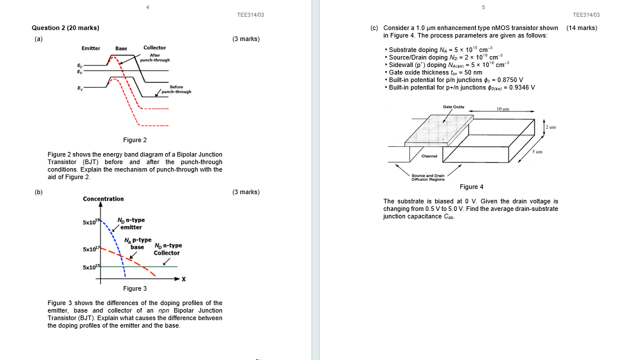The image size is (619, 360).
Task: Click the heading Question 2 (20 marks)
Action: pyautogui.click(x=65, y=28)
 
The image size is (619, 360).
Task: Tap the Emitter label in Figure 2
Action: pyautogui.click(x=91, y=48)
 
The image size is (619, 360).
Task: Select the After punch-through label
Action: pyautogui.click(x=154, y=57)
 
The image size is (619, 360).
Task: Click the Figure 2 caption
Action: pyautogui.click(x=135, y=140)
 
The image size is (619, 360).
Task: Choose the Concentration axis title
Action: pyautogui.click(x=103, y=199)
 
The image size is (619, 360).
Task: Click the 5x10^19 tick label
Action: pyautogui.click(x=91, y=222)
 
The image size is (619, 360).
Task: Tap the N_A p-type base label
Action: pyautogui.click(x=138, y=243)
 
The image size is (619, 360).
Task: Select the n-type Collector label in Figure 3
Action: pyautogui.click(x=166, y=249)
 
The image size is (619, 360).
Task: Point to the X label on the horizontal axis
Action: pyautogui.click(x=183, y=280)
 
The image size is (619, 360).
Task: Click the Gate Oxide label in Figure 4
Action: pyautogui.click(x=453, y=107)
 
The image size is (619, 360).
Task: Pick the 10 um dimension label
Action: pyautogui.click(x=503, y=109)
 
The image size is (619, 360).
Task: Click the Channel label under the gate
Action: pyautogui.click(x=429, y=156)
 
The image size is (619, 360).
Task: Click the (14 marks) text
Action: pyautogui.click(x=581, y=28)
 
